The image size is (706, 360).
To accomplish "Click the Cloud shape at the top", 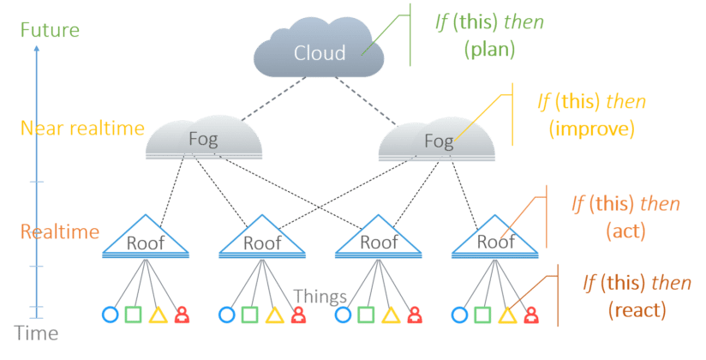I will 318,51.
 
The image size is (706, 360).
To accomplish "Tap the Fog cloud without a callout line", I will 204,138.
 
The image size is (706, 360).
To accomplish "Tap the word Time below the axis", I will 39,333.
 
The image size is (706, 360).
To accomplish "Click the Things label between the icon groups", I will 320,297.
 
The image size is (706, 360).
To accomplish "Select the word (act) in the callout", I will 625,231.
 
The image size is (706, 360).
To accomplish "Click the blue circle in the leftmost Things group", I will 109,315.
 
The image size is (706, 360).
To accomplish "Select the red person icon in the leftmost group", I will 181,315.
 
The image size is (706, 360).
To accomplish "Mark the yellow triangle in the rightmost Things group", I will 506,315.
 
